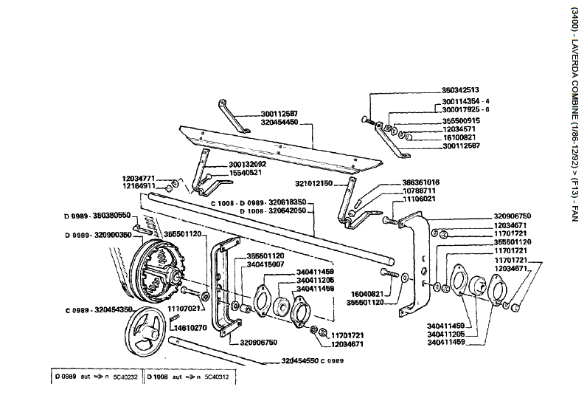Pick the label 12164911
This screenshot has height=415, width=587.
(138, 187)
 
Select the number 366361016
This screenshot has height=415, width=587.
(420, 182)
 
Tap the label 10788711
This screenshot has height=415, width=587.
(420, 191)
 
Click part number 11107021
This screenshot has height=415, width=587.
(184, 307)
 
